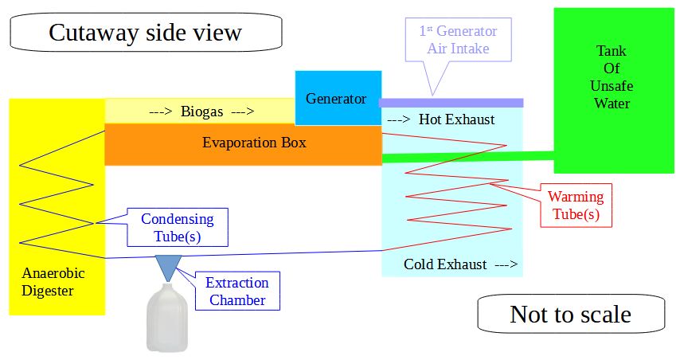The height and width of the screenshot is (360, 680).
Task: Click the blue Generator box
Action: [338, 98]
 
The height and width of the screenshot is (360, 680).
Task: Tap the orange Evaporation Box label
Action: [254, 143]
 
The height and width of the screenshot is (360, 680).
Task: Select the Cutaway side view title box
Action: [146, 32]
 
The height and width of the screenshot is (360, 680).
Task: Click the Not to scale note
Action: [571, 314]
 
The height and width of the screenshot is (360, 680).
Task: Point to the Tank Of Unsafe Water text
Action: [612, 77]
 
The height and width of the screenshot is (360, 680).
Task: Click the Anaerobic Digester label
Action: [53, 282]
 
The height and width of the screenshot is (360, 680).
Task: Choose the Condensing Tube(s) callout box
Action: [178, 227]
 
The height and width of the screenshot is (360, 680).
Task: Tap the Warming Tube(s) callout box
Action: [576, 205]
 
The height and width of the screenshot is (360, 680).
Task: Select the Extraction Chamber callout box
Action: [237, 291]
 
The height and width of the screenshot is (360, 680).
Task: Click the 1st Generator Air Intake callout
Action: [459, 40]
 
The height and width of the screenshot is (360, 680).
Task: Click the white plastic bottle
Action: [167, 317]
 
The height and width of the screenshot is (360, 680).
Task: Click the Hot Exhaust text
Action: [456, 119]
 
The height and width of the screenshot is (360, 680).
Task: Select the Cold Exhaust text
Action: [445, 264]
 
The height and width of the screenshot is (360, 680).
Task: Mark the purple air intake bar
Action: [451, 103]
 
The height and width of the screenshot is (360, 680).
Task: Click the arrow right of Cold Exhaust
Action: [506, 264]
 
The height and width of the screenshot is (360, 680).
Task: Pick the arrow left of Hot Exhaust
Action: [398, 119]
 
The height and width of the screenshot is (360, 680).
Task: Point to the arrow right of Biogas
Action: [242, 112]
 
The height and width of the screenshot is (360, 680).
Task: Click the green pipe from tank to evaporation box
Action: [468, 157]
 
